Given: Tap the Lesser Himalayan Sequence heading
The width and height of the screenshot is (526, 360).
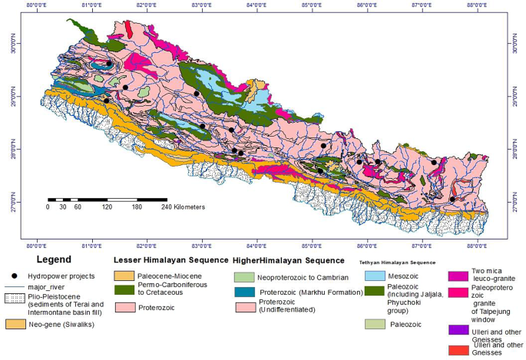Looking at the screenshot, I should coord(165,260).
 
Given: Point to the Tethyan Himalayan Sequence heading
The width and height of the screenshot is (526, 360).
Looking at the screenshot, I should coord(398,263).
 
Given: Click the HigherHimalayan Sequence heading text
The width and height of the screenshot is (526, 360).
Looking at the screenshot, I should coord(281,260).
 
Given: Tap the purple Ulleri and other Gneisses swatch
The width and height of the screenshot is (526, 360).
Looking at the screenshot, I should coord(459,329).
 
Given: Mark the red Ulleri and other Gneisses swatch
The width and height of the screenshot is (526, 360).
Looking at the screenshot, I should coord(459,350).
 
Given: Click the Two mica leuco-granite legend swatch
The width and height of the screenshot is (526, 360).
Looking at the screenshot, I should coord(459,274).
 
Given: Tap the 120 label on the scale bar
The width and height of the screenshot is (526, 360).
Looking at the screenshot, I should coord(107,206).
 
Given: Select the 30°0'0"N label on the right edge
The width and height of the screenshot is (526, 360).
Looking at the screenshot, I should coord(517,46).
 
